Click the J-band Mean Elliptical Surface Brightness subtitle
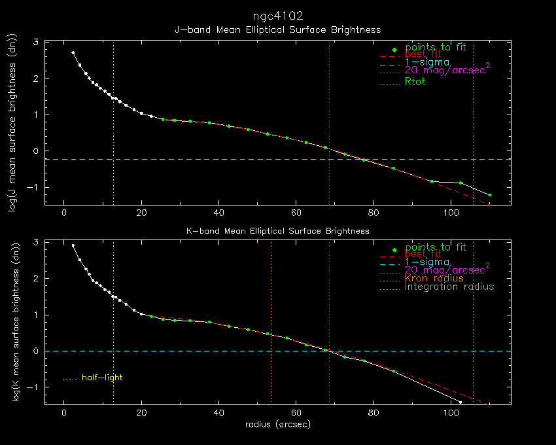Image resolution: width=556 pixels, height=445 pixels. [278, 30]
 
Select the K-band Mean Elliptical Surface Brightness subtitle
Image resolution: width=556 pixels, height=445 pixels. [278, 231]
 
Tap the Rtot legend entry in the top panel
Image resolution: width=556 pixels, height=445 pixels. [415, 82]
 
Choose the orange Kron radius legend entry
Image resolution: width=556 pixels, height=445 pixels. [434, 278]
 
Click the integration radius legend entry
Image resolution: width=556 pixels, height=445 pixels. [449, 287]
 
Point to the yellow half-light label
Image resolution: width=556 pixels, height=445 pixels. [102, 378]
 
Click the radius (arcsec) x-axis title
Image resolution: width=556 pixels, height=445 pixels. [278, 424]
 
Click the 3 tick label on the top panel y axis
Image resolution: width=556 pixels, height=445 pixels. [36, 43]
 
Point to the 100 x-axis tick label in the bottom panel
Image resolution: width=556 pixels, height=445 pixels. [451, 413]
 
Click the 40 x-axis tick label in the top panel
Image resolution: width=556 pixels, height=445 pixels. [218, 213]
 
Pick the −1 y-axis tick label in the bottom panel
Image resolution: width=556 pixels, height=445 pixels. [34, 387]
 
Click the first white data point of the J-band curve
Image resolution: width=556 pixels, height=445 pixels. [73, 52]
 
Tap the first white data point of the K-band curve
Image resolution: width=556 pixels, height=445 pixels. [73, 245]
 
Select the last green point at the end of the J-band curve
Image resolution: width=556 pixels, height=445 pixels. [489, 195]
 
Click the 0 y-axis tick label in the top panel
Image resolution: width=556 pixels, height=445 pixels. [36, 151]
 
